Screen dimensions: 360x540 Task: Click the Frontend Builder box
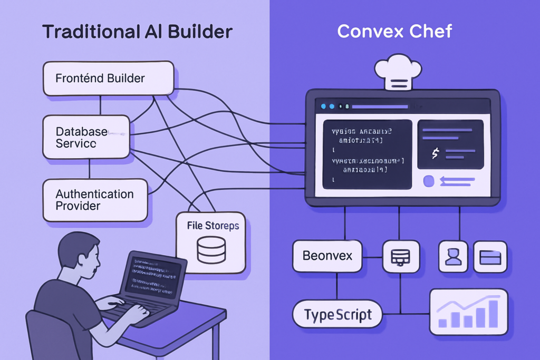[108, 79]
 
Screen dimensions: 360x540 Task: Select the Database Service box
[85, 137]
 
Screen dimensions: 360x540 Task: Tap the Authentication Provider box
[94, 200]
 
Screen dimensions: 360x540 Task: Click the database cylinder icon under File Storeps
[211, 250]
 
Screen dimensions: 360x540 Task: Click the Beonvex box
[327, 256]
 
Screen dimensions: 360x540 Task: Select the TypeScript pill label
[337, 315]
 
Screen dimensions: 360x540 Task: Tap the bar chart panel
[468, 312]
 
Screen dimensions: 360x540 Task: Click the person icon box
[453, 257]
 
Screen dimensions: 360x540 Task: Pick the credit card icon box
[490, 257]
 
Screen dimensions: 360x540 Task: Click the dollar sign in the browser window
[435, 153]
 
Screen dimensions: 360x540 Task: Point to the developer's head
[79, 253]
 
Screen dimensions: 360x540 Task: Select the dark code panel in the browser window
[367, 153]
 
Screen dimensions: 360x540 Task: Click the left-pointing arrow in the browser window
[457, 181]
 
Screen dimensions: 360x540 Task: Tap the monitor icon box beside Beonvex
[401, 257]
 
